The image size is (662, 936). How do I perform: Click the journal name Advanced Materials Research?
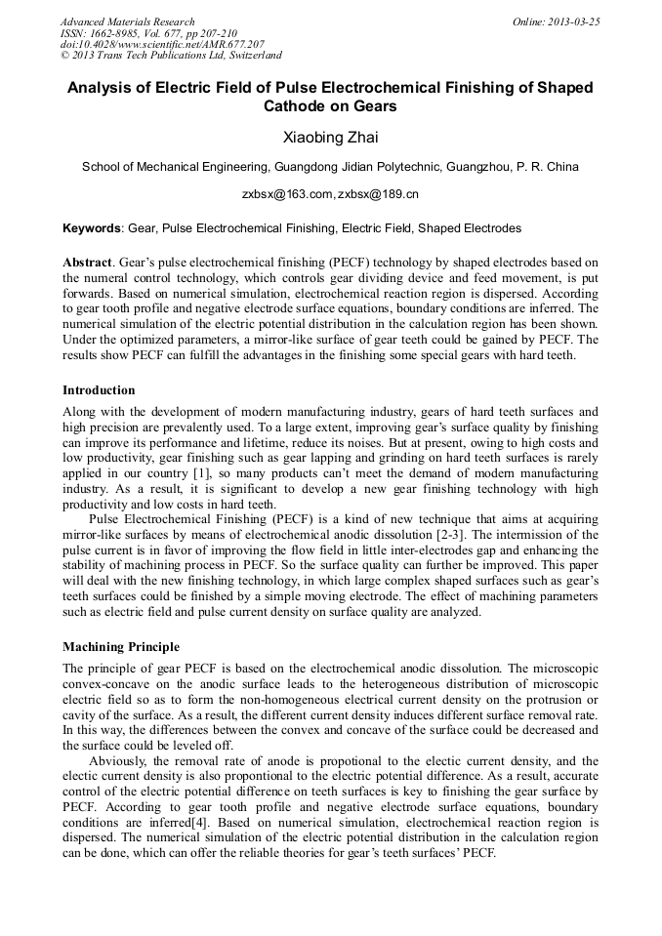pyautogui.click(x=127, y=21)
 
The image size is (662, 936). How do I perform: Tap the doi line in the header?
pyautogui.click(x=162, y=45)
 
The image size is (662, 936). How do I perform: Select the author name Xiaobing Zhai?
pyautogui.click(x=330, y=137)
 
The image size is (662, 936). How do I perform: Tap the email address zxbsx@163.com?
pyautogui.click(x=288, y=194)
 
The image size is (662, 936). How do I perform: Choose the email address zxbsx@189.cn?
pyautogui.click(x=378, y=194)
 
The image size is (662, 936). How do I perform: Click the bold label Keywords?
pyautogui.click(x=92, y=228)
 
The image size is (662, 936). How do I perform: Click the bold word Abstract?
pyautogui.click(x=87, y=263)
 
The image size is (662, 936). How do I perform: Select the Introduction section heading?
pyautogui.click(x=99, y=389)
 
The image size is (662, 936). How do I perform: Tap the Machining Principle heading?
pyautogui.click(x=121, y=646)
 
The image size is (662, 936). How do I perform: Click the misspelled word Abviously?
pyautogui.click(x=118, y=760)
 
